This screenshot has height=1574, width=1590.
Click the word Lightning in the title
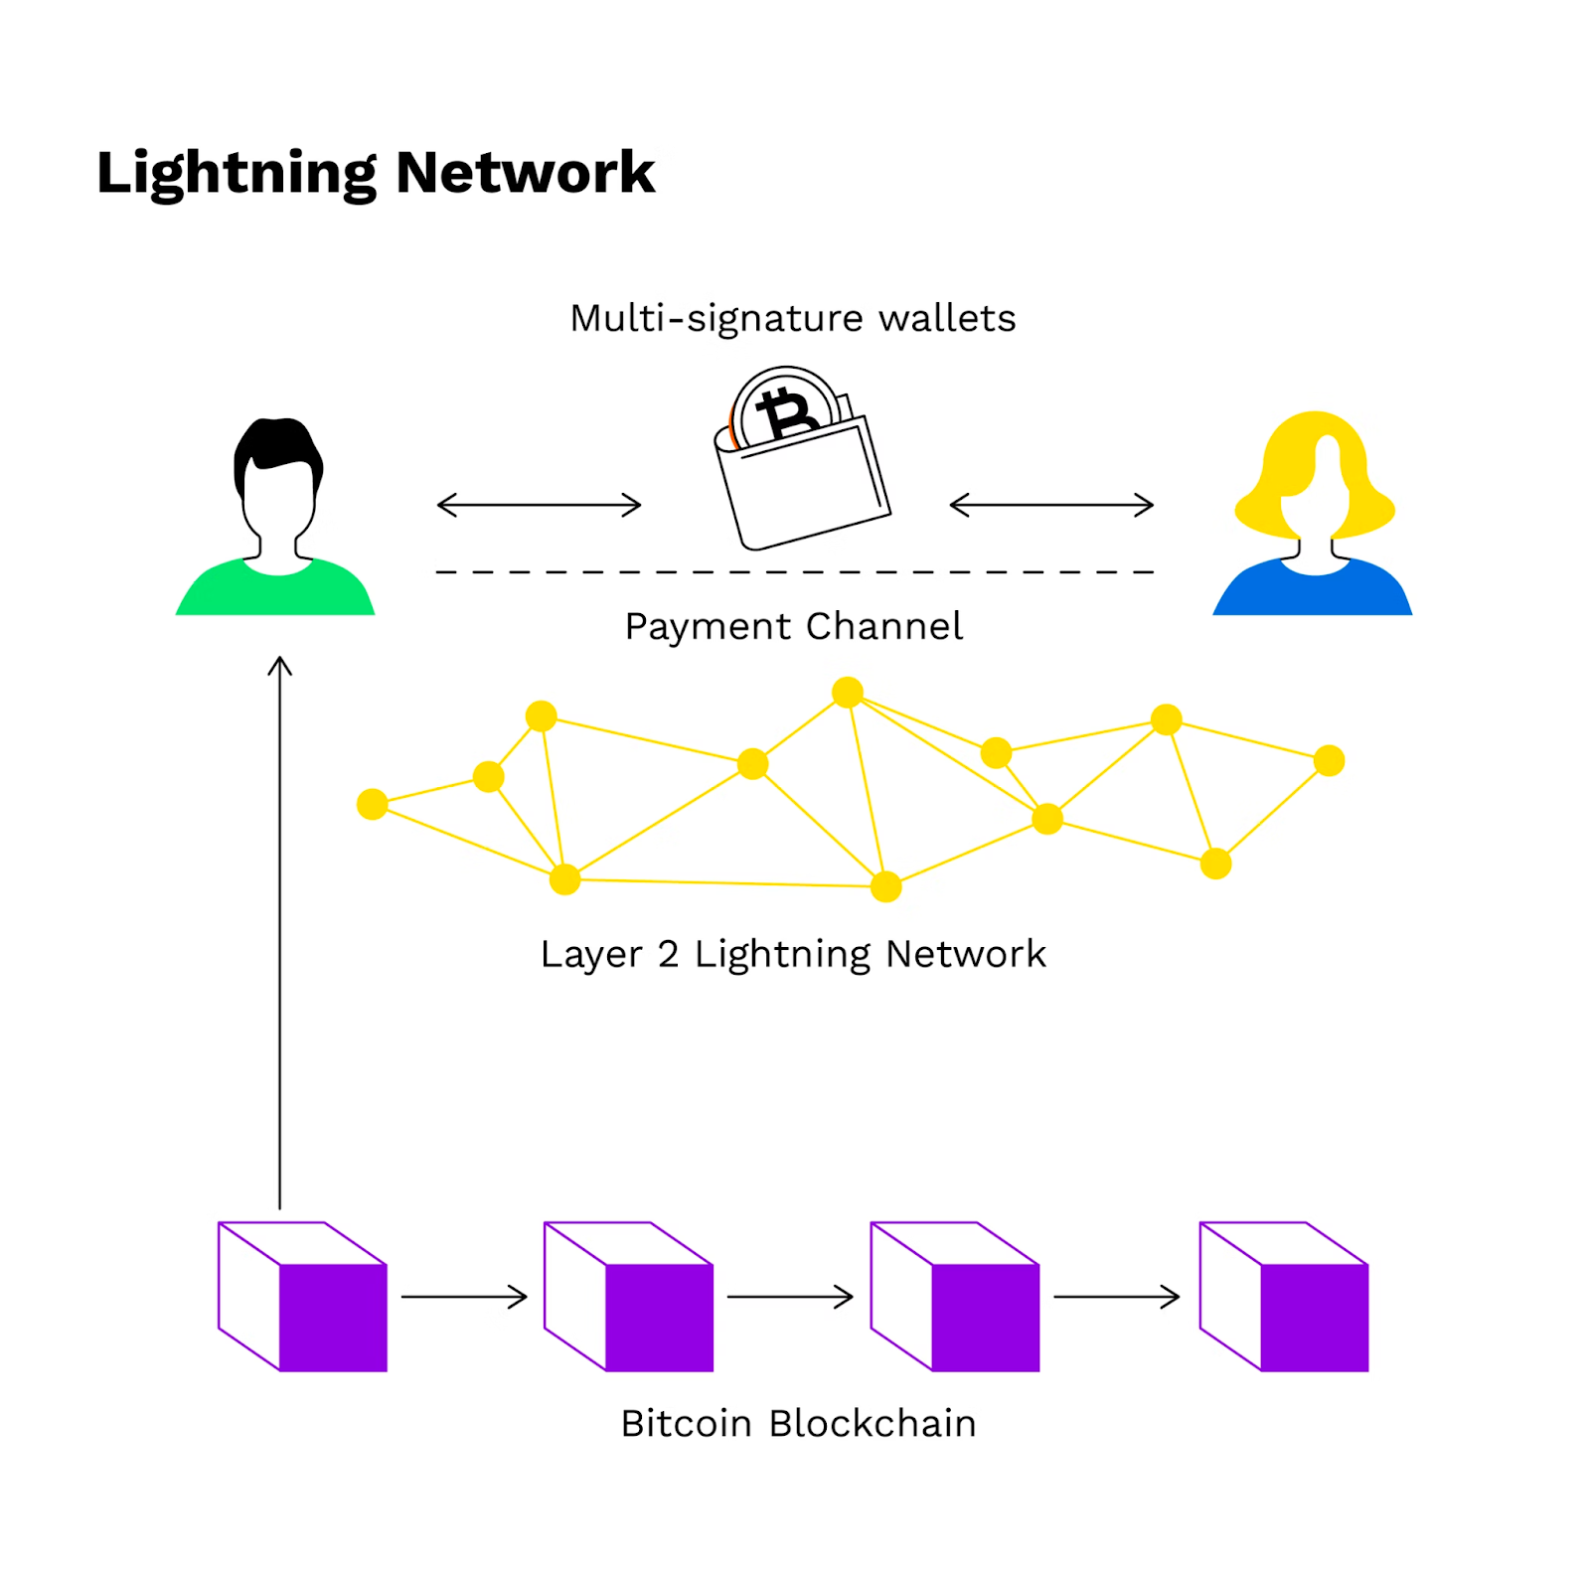click(x=237, y=174)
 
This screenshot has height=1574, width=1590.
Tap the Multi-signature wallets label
click(x=792, y=319)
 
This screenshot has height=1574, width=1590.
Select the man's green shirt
click(x=275, y=590)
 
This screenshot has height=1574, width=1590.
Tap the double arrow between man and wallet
click(x=539, y=505)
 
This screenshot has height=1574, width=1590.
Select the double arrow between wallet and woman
click(x=1051, y=505)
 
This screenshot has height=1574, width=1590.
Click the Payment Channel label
click(x=793, y=627)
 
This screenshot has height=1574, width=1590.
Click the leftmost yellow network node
click(x=373, y=804)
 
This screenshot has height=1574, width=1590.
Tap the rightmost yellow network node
click(x=1329, y=761)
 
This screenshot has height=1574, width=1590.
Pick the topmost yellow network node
click(x=848, y=692)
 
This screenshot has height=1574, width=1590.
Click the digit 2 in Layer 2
click(x=668, y=954)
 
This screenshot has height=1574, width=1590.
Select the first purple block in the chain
click(x=303, y=1297)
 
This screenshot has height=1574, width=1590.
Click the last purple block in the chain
click(x=1284, y=1297)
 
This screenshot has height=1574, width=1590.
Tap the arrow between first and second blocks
click(x=464, y=1297)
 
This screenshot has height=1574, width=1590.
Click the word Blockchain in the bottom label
click(x=873, y=1424)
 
